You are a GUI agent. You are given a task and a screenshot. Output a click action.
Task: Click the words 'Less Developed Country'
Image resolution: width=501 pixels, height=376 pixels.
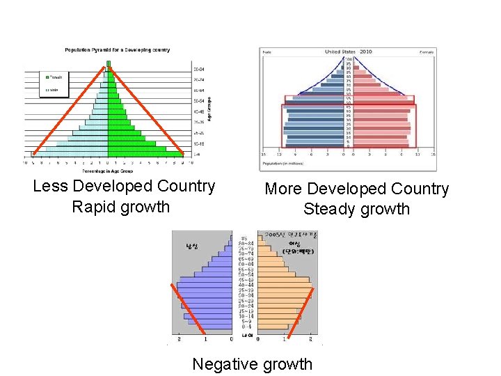(x=124, y=187)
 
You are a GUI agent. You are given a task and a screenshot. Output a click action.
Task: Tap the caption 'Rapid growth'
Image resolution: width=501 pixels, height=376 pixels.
(x=120, y=207)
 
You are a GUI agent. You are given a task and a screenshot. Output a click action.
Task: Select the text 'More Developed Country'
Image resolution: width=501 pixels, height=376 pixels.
(x=356, y=189)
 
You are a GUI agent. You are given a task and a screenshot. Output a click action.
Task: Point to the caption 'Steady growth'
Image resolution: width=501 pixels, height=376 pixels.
(x=356, y=209)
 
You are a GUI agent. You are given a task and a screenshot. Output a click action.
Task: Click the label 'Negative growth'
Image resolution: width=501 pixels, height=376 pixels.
(x=252, y=363)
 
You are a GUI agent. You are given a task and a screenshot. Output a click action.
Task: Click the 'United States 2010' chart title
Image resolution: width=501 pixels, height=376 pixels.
(x=349, y=52)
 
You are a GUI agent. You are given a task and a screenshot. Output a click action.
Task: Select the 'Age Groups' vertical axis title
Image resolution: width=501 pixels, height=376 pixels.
(x=210, y=106)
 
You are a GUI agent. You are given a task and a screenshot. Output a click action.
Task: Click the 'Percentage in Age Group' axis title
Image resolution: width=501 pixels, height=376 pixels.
(x=108, y=170)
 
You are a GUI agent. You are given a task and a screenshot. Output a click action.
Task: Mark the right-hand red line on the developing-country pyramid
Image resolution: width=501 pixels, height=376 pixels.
(x=146, y=109)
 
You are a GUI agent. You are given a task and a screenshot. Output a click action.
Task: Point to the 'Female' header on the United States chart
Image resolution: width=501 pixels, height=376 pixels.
(x=427, y=52)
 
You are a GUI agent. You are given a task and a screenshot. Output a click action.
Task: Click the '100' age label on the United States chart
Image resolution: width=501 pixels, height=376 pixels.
(x=349, y=58)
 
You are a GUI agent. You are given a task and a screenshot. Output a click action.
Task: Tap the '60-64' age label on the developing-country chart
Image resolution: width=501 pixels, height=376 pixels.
(x=198, y=91)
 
